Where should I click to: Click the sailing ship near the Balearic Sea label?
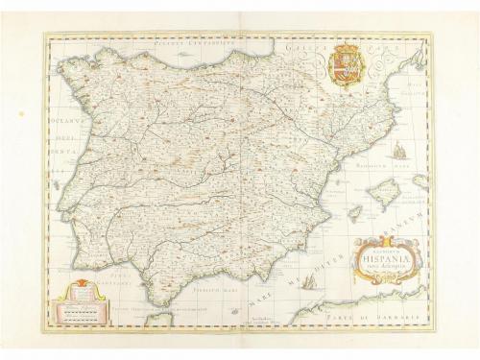point(396,151)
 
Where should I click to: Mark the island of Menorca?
point(420,180)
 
